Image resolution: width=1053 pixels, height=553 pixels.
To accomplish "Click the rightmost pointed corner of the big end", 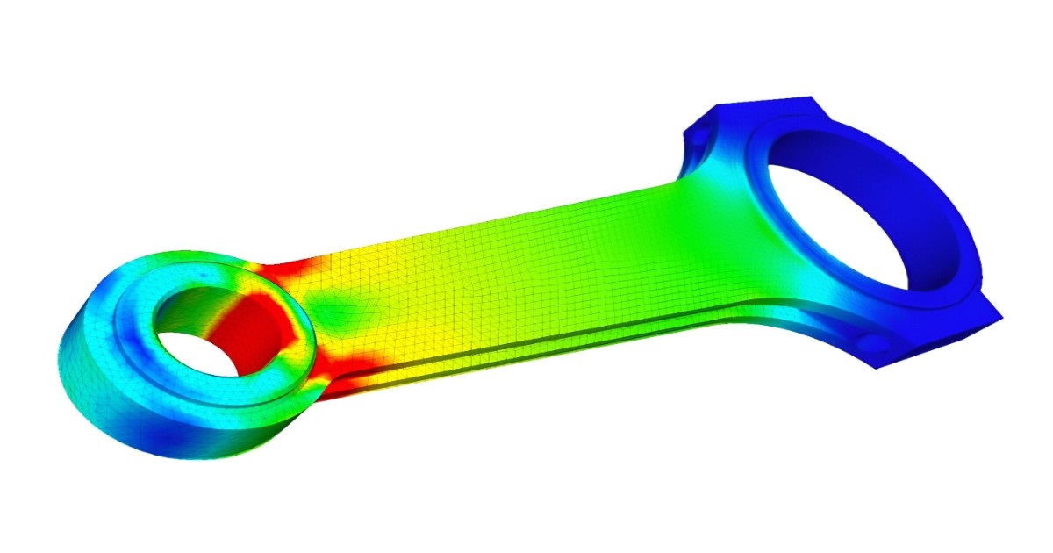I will point(1000,314).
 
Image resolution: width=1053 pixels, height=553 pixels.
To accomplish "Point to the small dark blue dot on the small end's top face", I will point(204,275).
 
